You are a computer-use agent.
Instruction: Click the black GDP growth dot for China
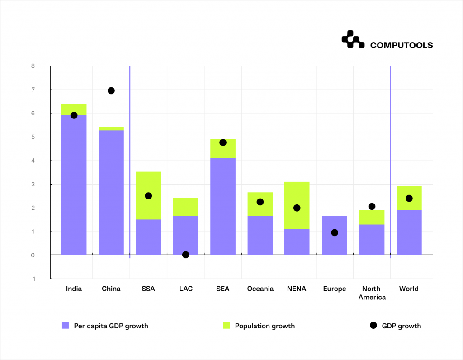click(111, 90)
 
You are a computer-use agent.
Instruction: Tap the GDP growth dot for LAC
click(185, 255)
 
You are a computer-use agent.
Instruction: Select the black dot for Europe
click(335, 232)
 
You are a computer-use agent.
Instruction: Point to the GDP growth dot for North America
click(372, 206)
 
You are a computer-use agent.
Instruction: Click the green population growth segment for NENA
click(297, 194)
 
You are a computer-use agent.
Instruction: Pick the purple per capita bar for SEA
click(223, 206)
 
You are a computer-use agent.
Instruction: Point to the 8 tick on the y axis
click(33, 66)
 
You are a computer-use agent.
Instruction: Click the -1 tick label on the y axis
click(32, 279)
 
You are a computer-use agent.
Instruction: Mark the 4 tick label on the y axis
click(33, 161)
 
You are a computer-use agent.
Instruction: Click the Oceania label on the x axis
click(260, 289)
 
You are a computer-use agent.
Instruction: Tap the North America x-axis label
click(372, 293)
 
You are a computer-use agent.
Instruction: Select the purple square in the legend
click(66, 326)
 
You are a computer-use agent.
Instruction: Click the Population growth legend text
click(265, 326)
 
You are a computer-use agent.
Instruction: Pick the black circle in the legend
click(373, 326)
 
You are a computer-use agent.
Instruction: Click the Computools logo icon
click(353, 40)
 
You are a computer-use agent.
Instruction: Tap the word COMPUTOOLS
click(401, 45)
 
